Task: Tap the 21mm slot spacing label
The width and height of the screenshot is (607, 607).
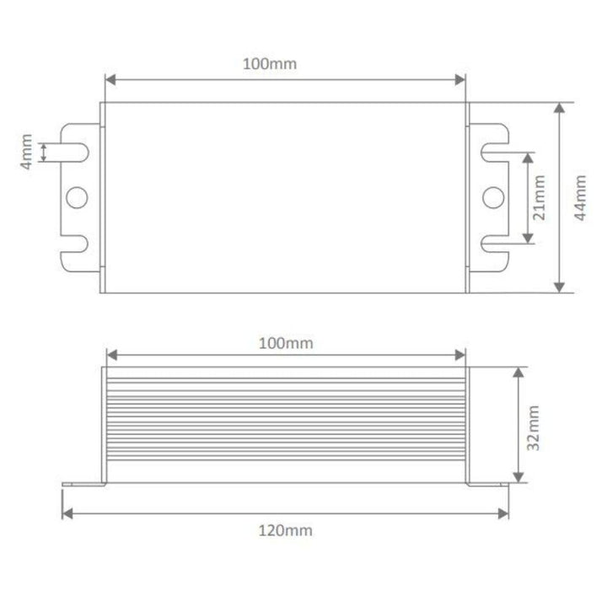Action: point(540,198)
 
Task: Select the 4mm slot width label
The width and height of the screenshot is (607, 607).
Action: point(27,152)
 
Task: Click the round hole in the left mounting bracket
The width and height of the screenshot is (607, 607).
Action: point(77,197)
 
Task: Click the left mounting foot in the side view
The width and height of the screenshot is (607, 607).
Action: point(83,485)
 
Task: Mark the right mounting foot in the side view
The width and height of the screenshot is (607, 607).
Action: point(486,485)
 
